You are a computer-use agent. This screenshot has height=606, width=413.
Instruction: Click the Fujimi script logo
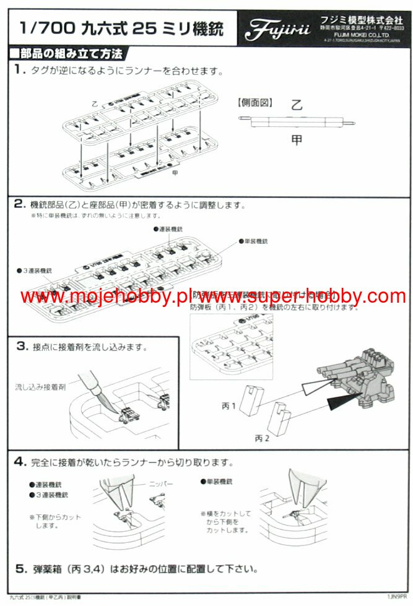[x=274, y=28]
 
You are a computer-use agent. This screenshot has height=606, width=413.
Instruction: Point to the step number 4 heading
[x=20, y=461]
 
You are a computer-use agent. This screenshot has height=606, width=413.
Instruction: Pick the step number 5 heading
[x=20, y=568]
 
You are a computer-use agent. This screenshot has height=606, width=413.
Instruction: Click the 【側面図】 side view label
[x=254, y=103]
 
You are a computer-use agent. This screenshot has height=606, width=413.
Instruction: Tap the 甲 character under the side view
[x=297, y=140]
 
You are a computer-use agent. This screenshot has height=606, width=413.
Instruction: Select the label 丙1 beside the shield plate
[x=229, y=405]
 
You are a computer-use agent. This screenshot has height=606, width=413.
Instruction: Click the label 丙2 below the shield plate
[x=263, y=438]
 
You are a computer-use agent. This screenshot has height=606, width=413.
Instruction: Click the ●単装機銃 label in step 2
[x=258, y=241]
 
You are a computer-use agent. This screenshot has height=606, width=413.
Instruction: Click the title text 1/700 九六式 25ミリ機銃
[x=121, y=28]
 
